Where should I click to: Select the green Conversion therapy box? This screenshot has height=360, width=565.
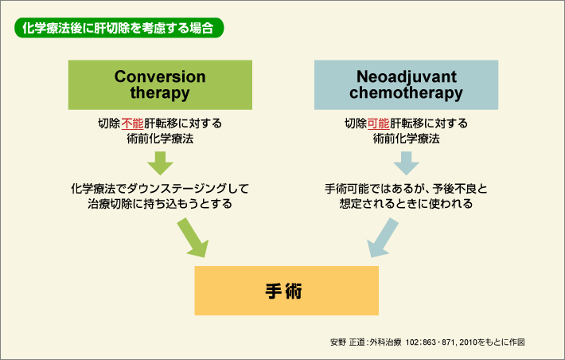point(160,84)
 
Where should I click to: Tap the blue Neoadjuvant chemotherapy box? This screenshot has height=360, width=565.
point(405,84)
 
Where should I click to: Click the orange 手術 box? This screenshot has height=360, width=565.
point(282,290)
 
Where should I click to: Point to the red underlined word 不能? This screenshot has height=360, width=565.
point(133,123)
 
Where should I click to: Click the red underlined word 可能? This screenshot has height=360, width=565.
point(378,123)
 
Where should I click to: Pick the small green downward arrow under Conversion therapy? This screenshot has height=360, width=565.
point(160,162)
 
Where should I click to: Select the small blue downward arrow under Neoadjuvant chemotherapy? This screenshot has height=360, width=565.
point(405,162)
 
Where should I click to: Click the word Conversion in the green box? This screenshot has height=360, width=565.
point(160,76)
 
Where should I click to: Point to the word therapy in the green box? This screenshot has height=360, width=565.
point(160,93)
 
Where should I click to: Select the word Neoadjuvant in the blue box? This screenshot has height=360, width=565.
point(405,76)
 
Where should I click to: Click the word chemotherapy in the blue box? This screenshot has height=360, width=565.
point(405,93)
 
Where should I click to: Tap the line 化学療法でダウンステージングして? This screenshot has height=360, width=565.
point(160,189)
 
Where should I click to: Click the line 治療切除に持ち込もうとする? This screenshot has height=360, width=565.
point(160,204)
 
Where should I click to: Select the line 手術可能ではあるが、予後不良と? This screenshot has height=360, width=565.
point(405,189)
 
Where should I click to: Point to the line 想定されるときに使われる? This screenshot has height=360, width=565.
point(405,204)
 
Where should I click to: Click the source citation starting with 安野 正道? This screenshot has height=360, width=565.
point(427,341)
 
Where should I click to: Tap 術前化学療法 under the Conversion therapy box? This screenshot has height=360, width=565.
point(160,139)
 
